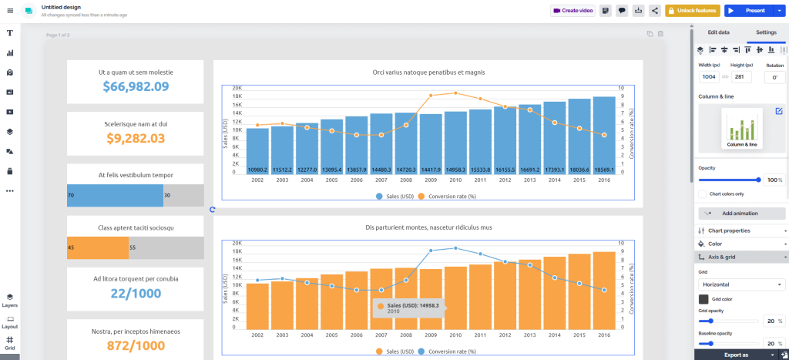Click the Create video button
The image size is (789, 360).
tap(572, 11)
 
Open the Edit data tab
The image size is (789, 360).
tap(718, 32)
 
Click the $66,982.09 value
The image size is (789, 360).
tap(136, 86)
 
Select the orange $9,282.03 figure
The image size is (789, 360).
tap(136, 138)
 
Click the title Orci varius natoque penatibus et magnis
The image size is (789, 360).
tap(428, 72)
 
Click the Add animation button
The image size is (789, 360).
tap(740, 214)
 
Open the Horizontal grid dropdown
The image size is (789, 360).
tap(741, 284)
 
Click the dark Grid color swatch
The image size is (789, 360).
tap(703, 299)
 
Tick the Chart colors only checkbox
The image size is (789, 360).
tap(703, 193)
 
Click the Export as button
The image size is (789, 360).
tap(736, 355)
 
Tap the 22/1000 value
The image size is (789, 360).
tap(136, 294)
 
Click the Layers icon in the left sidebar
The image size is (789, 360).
tap(10, 299)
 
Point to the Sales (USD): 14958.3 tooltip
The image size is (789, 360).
tap(408, 308)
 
